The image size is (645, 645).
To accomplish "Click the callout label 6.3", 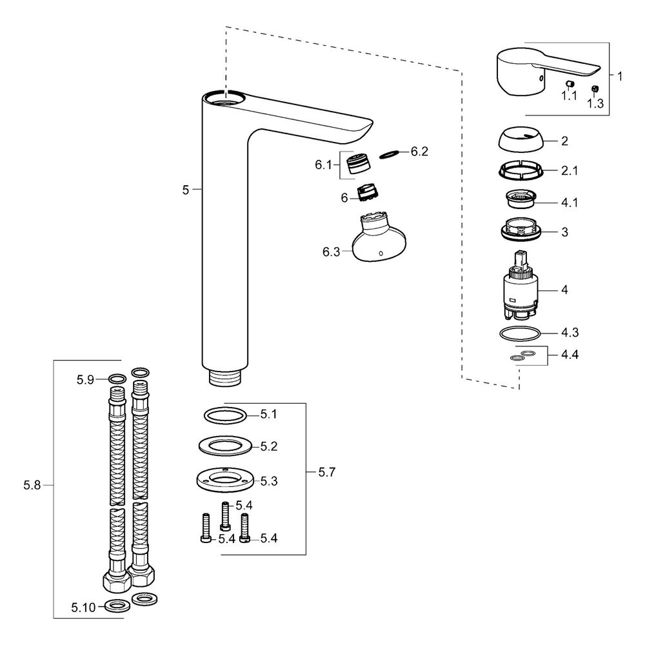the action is (331, 252).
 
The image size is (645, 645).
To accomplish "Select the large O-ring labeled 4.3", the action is (521, 333).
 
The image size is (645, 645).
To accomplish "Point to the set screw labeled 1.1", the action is (570, 84).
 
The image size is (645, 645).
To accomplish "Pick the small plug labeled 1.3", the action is (595, 88).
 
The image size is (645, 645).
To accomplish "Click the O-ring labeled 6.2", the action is (389, 154).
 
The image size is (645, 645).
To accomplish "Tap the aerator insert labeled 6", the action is (368, 192).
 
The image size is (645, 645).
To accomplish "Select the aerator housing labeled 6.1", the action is (359, 163).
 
